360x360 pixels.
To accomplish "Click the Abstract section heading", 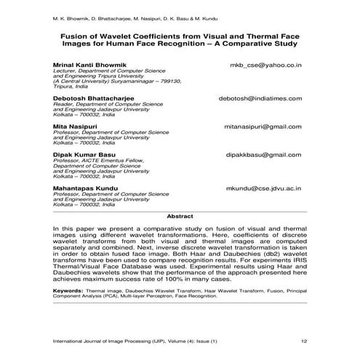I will coord(180,217).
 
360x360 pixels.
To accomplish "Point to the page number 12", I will coord(303,340).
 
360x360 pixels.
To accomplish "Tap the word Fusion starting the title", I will coord(76,34).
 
